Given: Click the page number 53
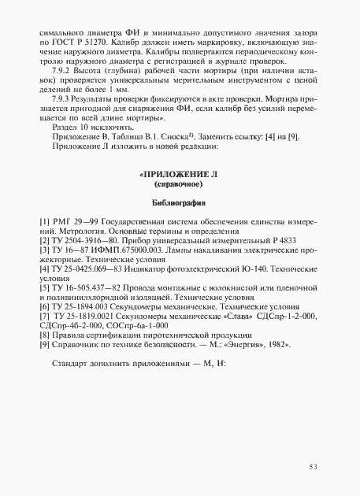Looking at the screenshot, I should pyautogui.click(x=313, y=467).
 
